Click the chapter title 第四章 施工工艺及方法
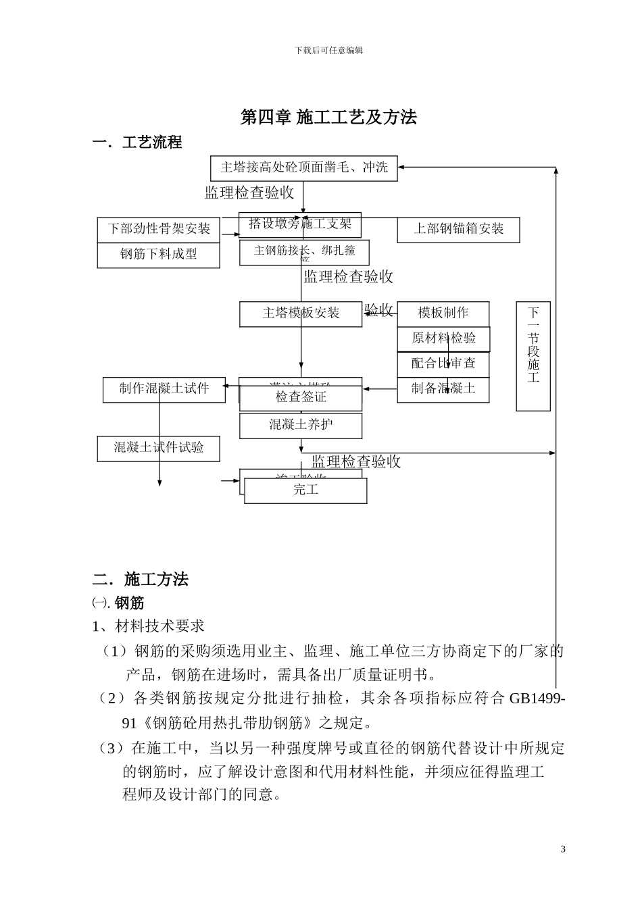(328, 118)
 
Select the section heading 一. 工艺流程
(137, 143)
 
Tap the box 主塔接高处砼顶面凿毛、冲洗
(304, 168)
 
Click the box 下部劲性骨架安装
(159, 229)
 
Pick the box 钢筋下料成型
(159, 255)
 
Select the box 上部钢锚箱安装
(459, 229)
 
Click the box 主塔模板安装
(301, 313)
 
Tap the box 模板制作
(443, 313)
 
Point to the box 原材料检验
(443, 338)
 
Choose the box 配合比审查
(443, 363)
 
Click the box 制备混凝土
(443, 388)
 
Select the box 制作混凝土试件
(164, 389)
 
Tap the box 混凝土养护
(301, 425)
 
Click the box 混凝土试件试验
(159, 448)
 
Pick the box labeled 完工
(305, 490)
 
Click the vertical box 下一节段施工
(533, 355)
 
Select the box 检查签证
(301, 398)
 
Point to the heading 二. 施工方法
(141, 580)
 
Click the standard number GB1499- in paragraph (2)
(537, 699)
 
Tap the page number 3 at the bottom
(563, 849)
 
